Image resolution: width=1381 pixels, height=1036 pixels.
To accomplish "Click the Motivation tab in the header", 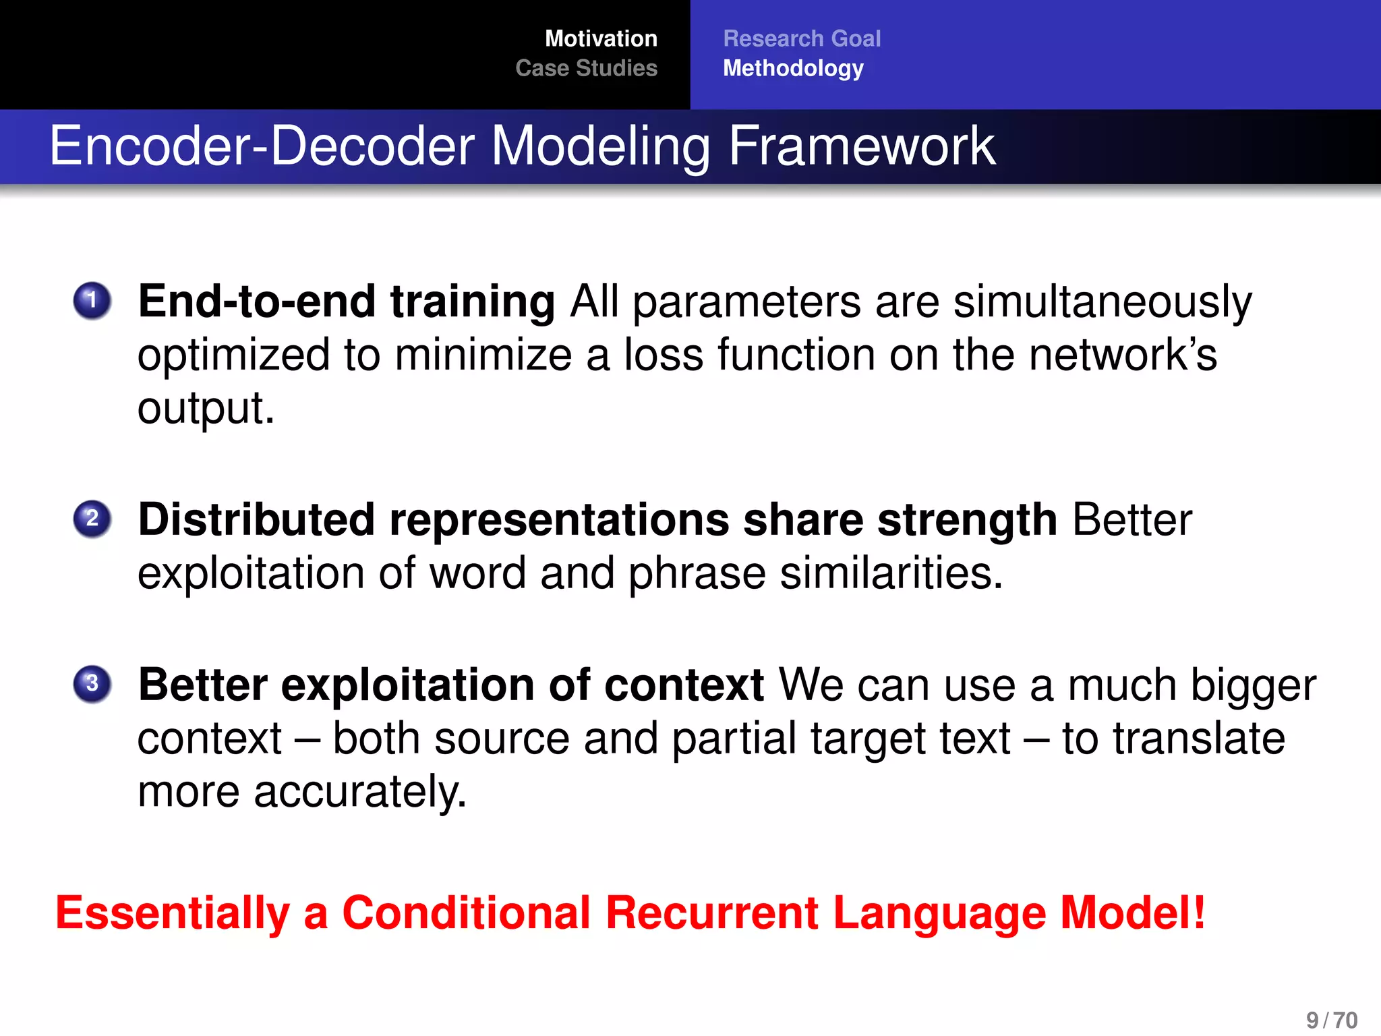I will click(600, 38).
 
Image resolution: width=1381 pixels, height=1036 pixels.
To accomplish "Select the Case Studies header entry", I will click(586, 68).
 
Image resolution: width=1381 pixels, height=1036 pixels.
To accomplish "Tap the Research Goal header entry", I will click(801, 38).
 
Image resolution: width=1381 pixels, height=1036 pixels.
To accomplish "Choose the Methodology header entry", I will click(792, 68).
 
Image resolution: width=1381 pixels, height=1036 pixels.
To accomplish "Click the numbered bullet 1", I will click(92, 300).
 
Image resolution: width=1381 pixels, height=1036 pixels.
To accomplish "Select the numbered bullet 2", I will click(92, 519).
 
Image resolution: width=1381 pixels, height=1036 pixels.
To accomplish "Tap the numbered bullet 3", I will click(92, 683).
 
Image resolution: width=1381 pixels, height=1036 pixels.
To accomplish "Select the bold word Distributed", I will click(256, 519).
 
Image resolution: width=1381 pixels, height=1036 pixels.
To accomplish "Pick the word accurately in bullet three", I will click(359, 792).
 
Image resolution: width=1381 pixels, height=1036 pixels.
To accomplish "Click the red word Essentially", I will click(172, 913).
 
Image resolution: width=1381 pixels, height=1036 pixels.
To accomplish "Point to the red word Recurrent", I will click(711, 913).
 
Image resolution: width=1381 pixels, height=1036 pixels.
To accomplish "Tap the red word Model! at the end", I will click(1132, 913).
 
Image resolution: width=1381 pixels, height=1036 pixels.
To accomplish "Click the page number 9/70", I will click(1331, 1020).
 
